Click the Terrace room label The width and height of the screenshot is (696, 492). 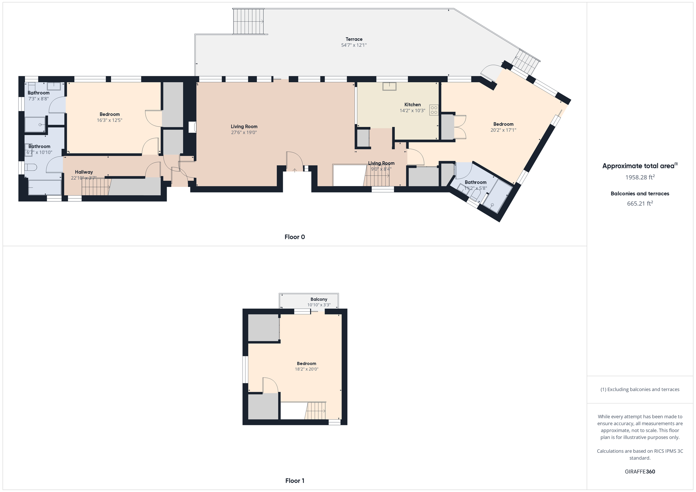(354, 39)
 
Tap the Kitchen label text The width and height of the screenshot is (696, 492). (412, 105)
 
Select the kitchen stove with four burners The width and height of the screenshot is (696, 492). (434, 110)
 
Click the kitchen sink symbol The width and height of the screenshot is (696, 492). (389, 86)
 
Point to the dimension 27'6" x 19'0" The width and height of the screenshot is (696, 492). (244, 132)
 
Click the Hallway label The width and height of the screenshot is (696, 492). (84, 172)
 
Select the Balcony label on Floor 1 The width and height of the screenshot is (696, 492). (319, 299)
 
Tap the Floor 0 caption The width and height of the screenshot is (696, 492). (295, 237)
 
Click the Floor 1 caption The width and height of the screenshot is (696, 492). (295, 481)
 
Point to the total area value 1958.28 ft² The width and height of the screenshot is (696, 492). (640, 177)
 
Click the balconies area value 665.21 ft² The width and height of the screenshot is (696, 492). (640, 203)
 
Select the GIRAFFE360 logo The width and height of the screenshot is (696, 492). (640, 471)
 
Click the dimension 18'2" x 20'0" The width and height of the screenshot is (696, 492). (307, 369)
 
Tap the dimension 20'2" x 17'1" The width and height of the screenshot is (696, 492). (503, 130)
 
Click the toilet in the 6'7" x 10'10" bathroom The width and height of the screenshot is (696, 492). (31, 167)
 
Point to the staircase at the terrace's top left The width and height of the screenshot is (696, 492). (249, 21)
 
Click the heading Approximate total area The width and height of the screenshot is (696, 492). (640, 166)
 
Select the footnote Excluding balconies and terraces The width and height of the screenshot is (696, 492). (640, 389)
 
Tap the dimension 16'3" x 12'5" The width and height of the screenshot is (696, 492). (109, 120)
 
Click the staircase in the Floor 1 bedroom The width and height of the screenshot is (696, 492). (315, 411)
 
